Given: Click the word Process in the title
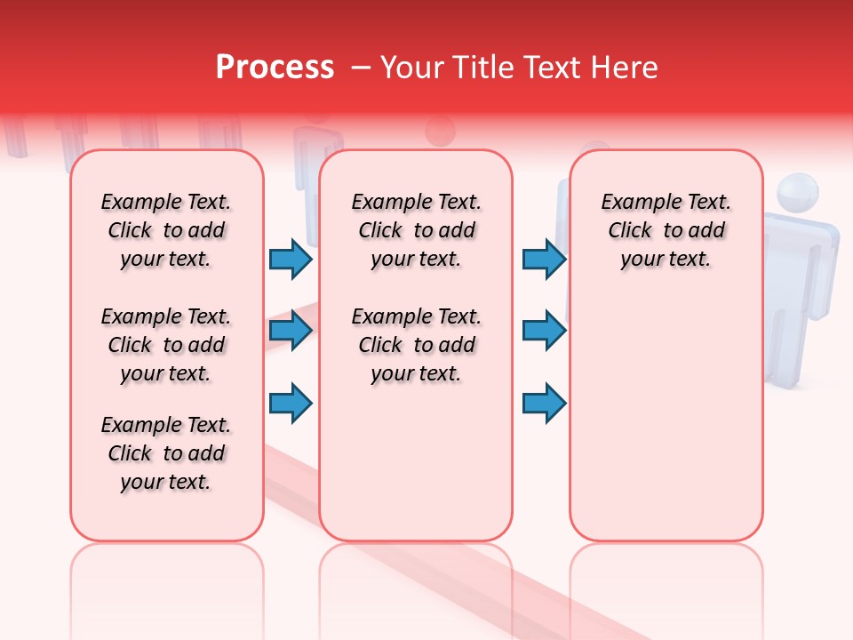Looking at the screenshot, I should (x=275, y=68).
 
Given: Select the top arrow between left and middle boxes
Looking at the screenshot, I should (x=291, y=259).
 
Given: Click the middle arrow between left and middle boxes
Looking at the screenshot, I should (x=291, y=332).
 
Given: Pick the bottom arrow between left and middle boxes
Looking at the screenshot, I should (x=291, y=404).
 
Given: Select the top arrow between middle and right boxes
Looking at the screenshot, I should (x=544, y=259).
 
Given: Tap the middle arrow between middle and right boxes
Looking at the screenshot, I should (x=544, y=332).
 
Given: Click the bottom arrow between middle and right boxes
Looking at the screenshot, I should (x=544, y=404).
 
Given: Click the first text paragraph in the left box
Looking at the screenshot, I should (x=166, y=230).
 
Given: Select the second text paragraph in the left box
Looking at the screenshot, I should (x=166, y=345).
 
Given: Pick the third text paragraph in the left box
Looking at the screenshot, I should (x=166, y=453).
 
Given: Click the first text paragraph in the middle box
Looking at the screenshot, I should (x=416, y=230).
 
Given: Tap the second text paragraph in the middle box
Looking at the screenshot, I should (x=416, y=345).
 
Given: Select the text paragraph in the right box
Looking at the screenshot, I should (x=666, y=230).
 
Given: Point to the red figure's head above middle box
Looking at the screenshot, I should (x=440, y=132).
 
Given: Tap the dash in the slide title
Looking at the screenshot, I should (x=362, y=68).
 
